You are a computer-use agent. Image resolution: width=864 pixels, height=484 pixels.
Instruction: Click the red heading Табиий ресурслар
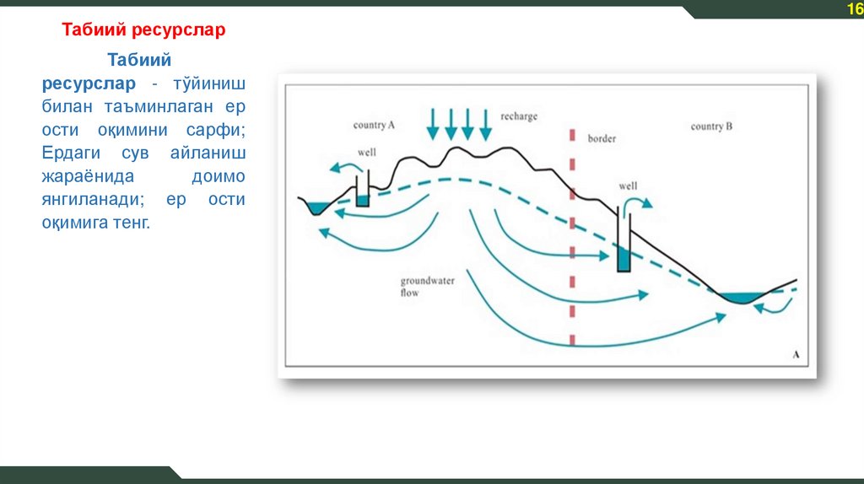(144, 30)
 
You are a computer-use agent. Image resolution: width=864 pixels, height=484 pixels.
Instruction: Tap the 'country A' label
(374, 125)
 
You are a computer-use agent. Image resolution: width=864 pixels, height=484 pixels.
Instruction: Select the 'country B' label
(711, 126)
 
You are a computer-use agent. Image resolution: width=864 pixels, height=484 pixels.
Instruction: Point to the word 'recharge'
(518, 116)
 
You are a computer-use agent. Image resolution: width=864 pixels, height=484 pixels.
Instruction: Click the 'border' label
(602, 137)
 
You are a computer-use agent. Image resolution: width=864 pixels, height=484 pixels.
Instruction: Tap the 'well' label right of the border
(628, 186)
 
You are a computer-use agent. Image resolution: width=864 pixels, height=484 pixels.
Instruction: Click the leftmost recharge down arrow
(433, 123)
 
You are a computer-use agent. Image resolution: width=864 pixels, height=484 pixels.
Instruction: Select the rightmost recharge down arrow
(485, 123)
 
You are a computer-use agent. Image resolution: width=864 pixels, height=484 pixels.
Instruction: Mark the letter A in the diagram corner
(796, 355)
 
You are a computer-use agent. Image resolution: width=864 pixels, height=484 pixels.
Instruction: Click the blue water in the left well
(362, 201)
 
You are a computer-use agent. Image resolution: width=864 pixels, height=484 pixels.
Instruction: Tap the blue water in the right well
(624, 260)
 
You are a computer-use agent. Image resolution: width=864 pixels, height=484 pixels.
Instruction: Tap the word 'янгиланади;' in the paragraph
(90, 201)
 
